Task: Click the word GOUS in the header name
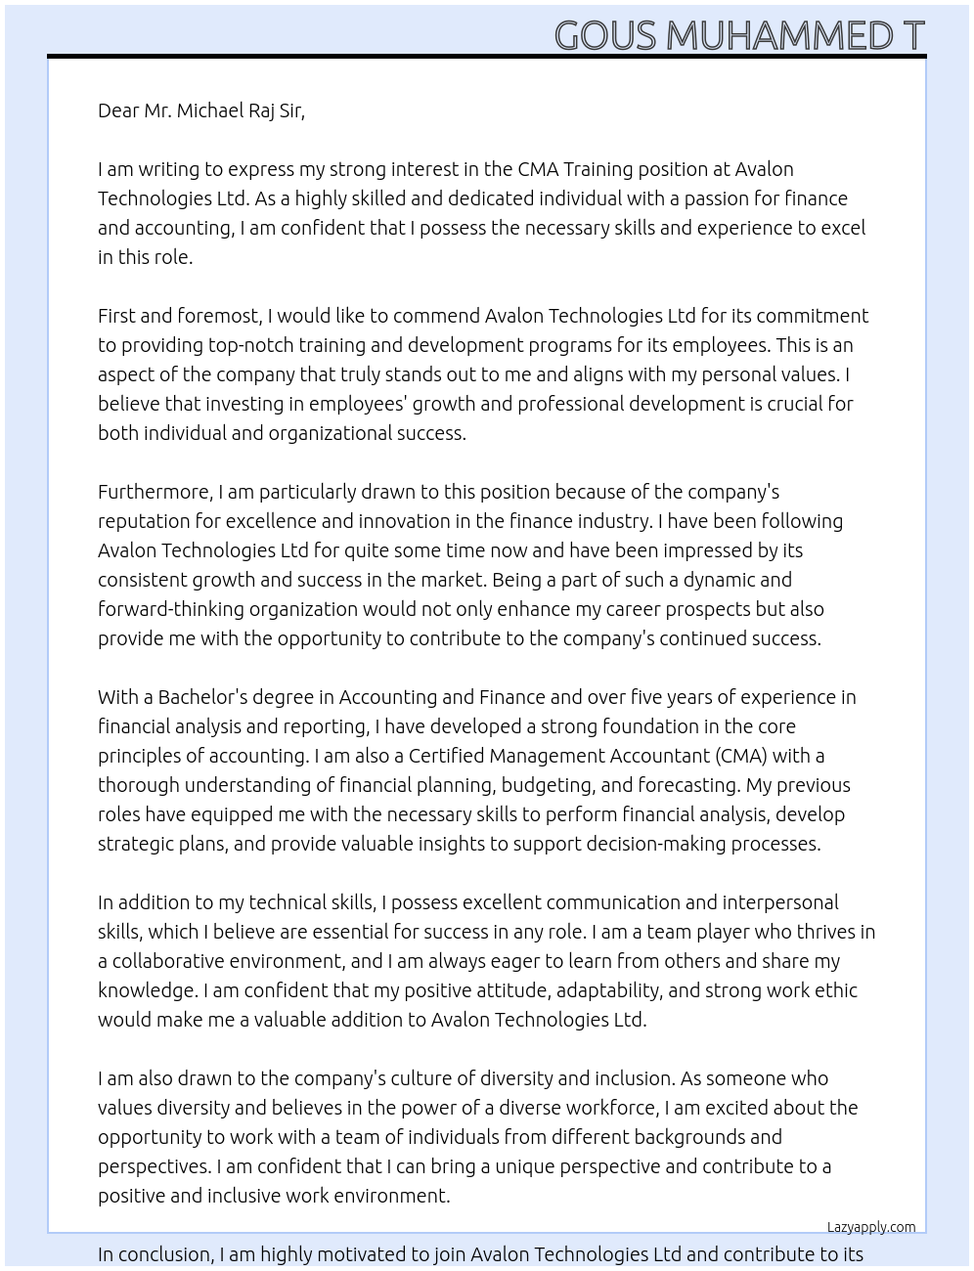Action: point(605,36)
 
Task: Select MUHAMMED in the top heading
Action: point(779,36)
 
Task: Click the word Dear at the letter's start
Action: point(118,110)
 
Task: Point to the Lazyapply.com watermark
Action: point(871,1227)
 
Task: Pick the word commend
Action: point(436,316)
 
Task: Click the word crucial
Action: point(787,404)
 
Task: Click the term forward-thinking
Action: point(171,609)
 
